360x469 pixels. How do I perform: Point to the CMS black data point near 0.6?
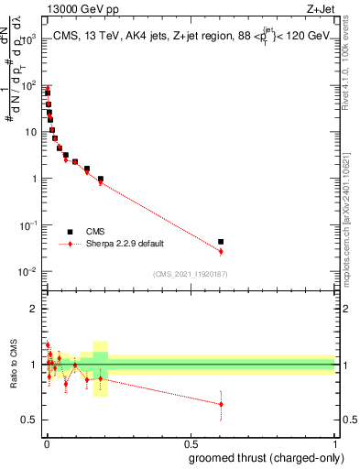[221, 242]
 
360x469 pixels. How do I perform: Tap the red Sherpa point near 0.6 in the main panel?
[221, 251]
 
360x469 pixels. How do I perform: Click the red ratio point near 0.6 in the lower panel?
[221, 404]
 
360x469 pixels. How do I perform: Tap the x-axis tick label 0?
[46, 442]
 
